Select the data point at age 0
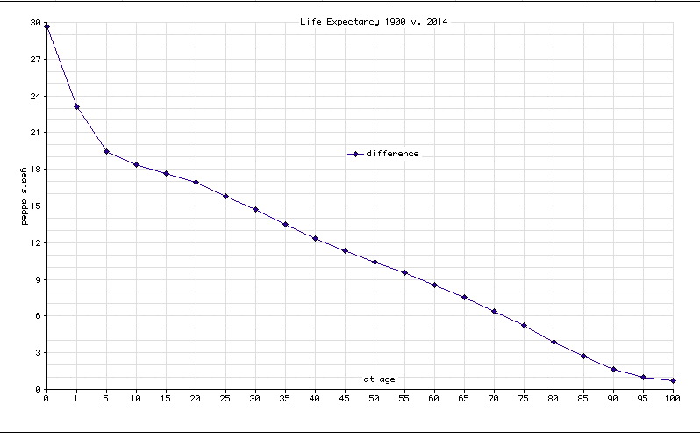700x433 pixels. click(46, 26)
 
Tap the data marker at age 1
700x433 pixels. click(76, 107)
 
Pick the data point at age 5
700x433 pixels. click(106, 152)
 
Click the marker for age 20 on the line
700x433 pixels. click(196, 183)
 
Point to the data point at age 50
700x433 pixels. click(375, 262)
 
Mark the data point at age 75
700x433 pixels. click(524, 326)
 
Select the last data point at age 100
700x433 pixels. click(673, 381)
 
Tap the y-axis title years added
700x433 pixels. click(25, 194)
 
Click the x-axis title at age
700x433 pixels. click(381, 379)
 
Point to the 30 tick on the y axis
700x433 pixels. click(35, 23)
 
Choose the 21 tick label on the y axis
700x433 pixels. click(35, 133)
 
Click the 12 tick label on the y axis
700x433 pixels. click(35, 242)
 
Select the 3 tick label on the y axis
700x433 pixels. click(38, 353)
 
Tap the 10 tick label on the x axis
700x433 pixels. click(136, 399)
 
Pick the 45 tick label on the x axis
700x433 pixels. click(345, 399)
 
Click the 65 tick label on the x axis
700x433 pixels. click(464, 399)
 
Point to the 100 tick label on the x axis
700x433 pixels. click(673, 399)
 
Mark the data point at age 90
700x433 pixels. click(613, 370)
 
